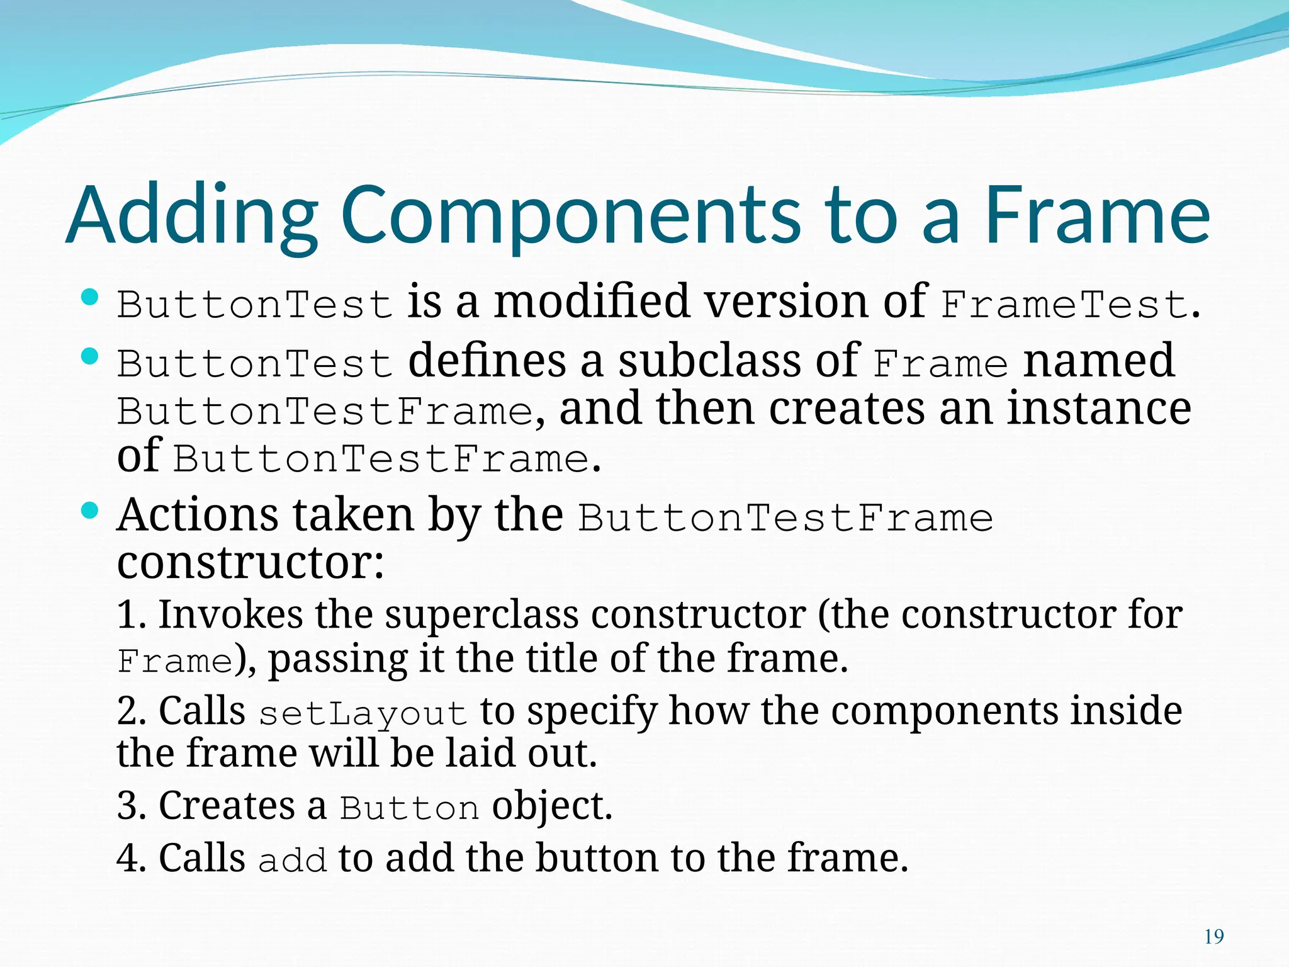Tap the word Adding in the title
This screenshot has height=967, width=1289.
[192, 215]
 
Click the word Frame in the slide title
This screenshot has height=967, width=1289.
[1096, 215]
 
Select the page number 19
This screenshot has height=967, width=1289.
[1213, 937]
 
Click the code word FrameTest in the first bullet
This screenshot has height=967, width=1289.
[1064, 305]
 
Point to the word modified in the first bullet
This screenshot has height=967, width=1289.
[592, 301]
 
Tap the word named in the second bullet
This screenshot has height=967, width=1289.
[1099, 361]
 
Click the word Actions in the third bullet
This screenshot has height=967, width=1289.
[198, 516]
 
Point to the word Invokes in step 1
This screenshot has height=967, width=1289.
[230, 614]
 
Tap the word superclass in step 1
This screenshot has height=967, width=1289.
[481, 614]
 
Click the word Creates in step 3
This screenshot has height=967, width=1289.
[227, 806]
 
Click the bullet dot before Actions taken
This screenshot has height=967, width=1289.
[90, 511]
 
